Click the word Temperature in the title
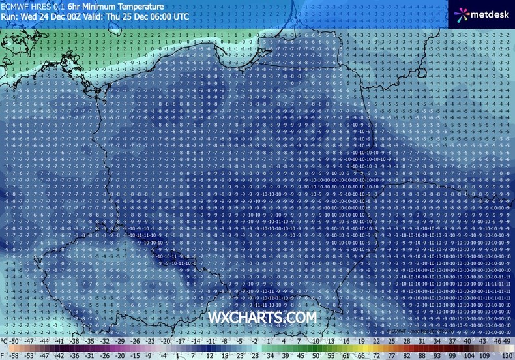142,6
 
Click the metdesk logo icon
460,13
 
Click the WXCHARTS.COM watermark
262,316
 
